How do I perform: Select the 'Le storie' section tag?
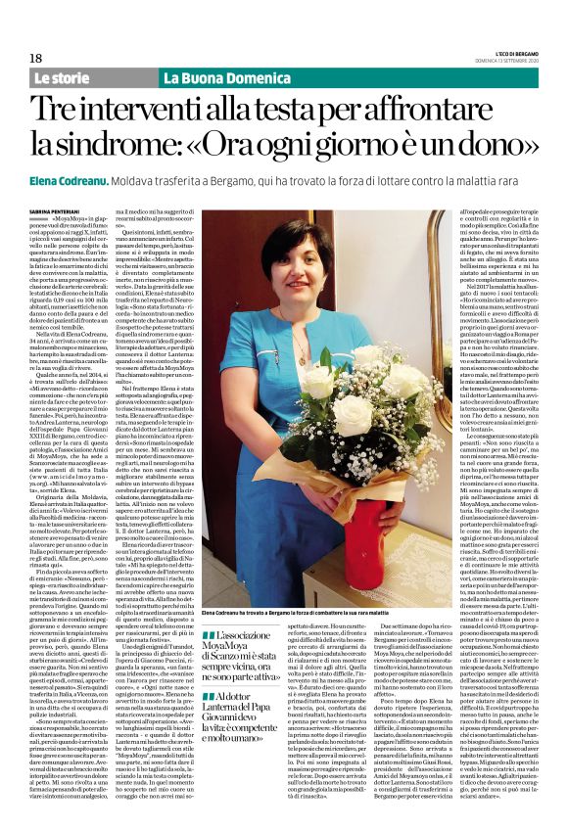point(61,77)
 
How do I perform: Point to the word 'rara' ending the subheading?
point(520,181)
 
